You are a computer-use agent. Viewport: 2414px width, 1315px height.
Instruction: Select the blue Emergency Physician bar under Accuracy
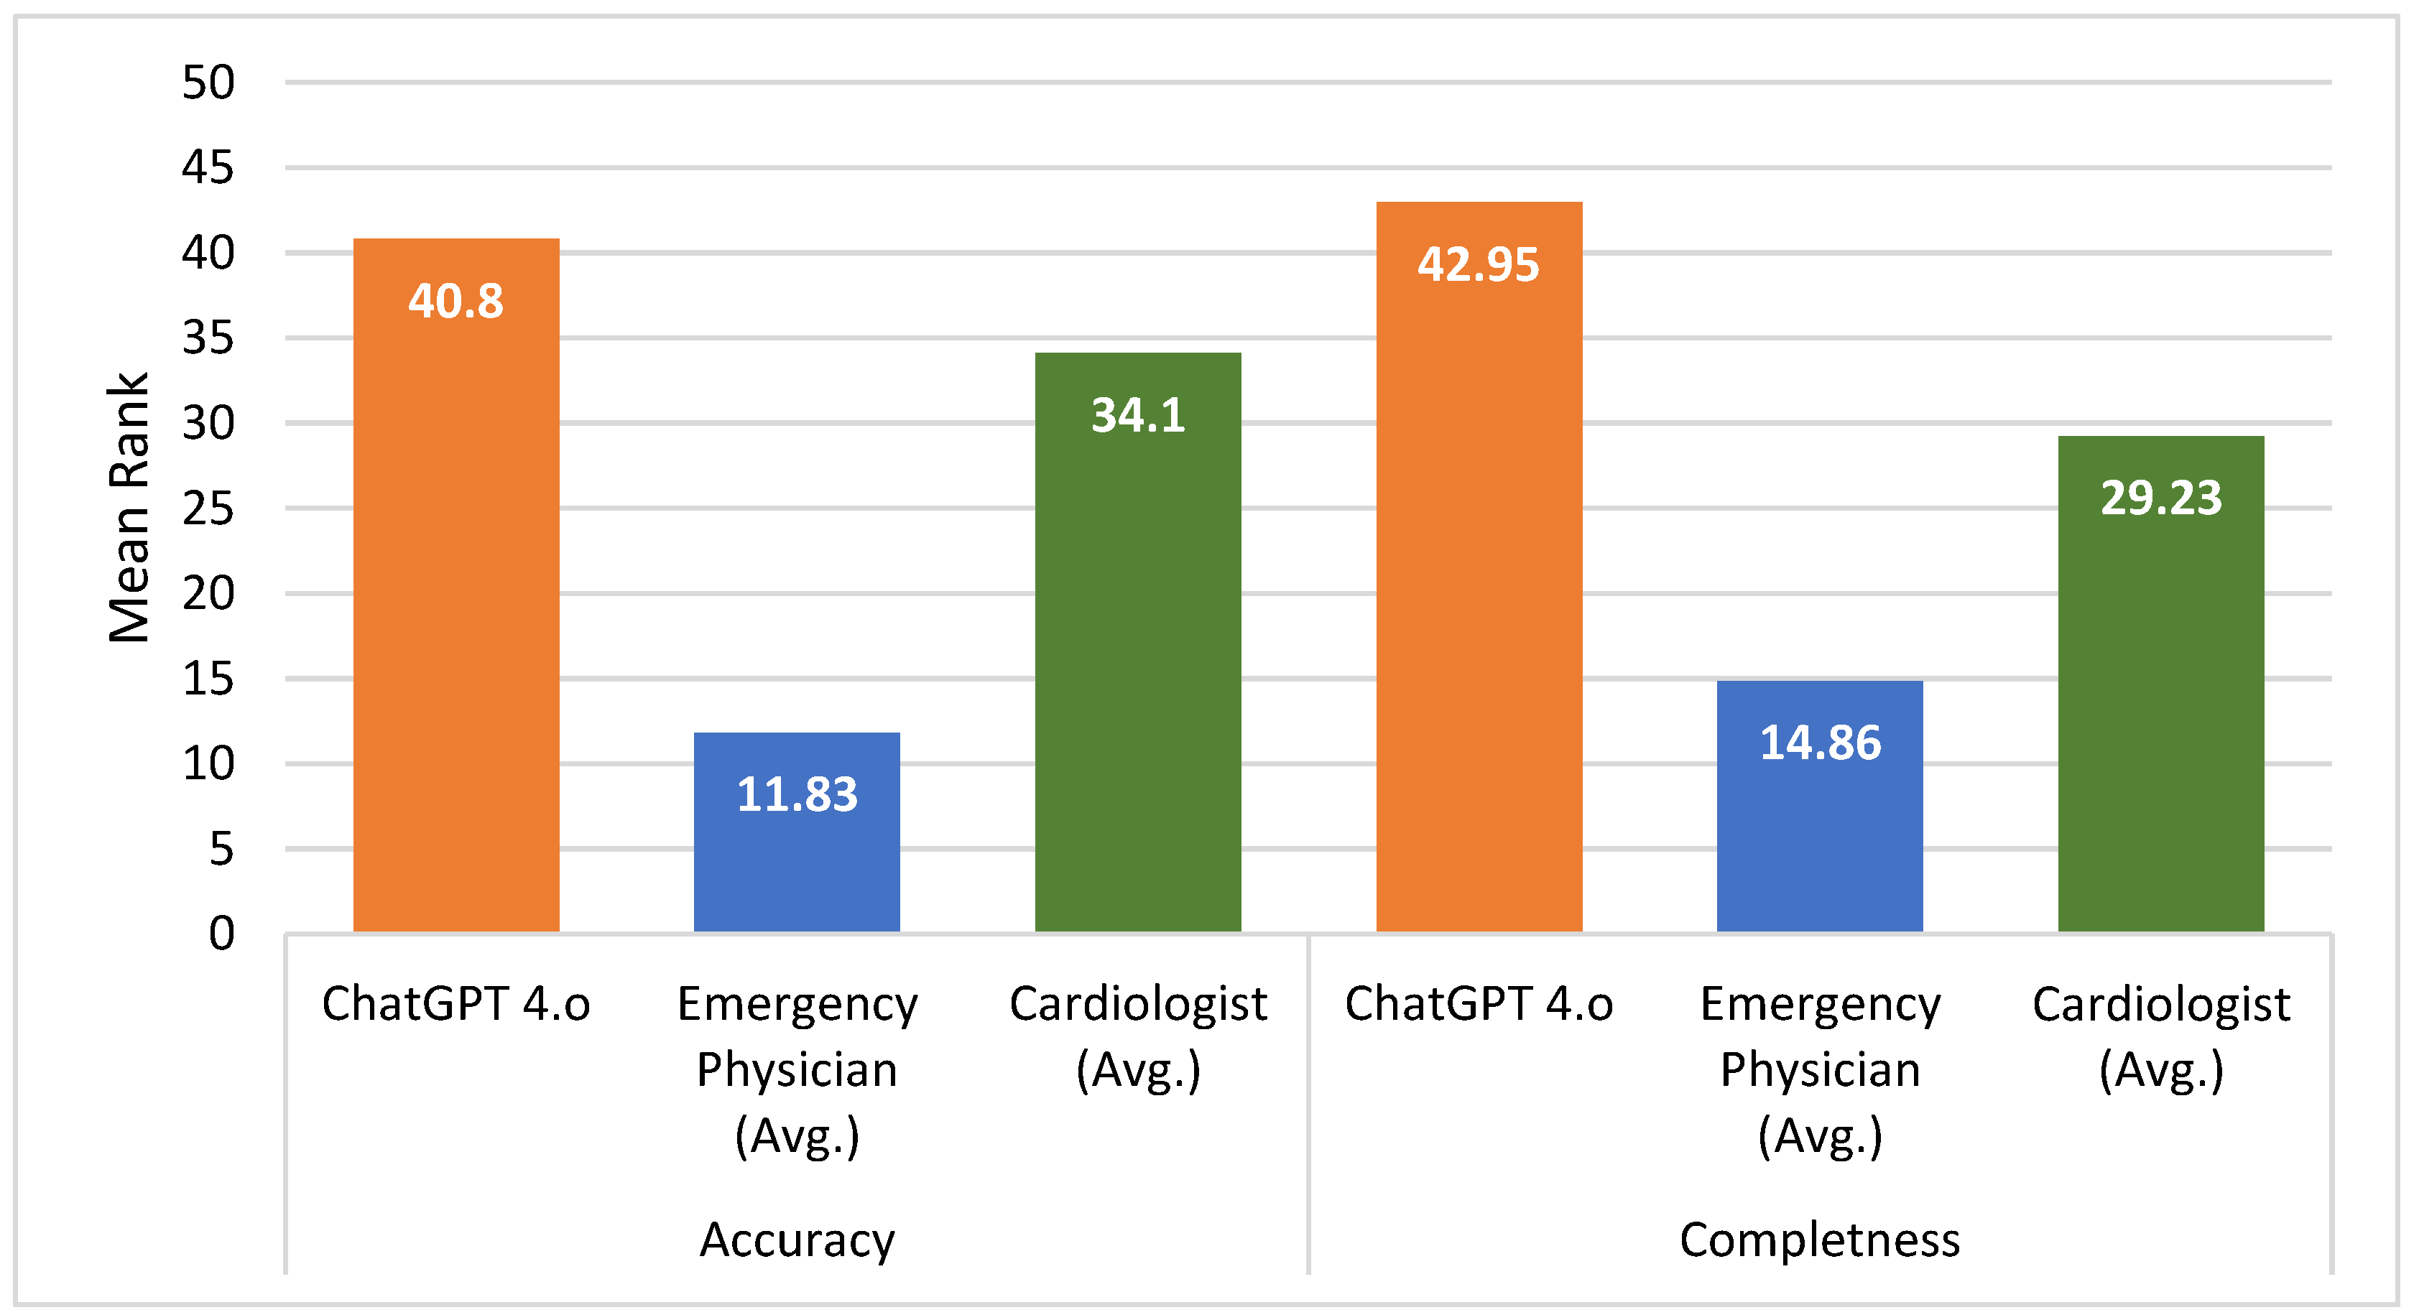[x=797, y=862]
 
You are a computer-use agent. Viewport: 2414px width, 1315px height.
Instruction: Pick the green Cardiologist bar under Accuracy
[x=1137, y=656]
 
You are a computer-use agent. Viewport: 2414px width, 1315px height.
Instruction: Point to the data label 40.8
[x=455, y=302]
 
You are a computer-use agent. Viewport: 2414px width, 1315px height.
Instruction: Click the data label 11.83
[x=797, y=794]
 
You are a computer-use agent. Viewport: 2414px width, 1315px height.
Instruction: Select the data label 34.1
[x=1137, y=415]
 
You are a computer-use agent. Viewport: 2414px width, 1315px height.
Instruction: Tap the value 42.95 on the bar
[x=1478, y=264]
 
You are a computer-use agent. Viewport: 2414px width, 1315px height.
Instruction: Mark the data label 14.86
[x=1820, y=743]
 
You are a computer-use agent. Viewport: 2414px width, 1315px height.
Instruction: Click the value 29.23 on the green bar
[x=2161, y=497]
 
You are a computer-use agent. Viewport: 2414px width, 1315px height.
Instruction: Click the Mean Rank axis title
[x=129, y=508]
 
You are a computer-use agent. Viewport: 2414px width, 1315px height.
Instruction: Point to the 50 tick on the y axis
[x=208, y=83]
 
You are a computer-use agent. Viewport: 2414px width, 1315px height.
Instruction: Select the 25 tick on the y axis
[x=208, y=508]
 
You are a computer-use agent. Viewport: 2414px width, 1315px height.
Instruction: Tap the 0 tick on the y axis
[x=221, y=934]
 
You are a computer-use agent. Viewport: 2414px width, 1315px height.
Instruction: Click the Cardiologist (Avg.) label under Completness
[x=2161, y=1037]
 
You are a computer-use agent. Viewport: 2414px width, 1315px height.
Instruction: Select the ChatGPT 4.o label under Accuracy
[x=455, y=1004]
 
